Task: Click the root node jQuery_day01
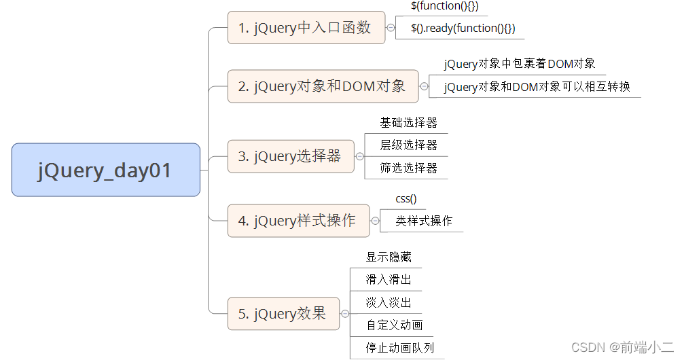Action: coord(105,170)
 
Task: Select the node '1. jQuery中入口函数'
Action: coord(306,28)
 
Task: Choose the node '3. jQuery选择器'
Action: coord(291,156)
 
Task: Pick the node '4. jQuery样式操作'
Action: coord(298,221)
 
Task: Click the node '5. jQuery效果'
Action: coord(283,314)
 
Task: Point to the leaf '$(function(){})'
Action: coord(445,6)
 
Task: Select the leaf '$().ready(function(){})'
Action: coord(463,28)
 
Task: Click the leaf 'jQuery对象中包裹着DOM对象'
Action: coord(520,64)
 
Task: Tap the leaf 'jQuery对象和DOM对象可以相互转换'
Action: coord(537,87)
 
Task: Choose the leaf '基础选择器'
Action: coord(408,123)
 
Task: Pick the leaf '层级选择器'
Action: coord(408,145)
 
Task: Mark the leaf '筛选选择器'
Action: coord(408,168)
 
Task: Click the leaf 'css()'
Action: coord(406,199)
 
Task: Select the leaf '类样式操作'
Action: coord(424,221)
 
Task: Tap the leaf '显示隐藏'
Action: coord(389,257)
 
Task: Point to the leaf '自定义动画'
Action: coord(394,325)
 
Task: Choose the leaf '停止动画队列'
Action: coord(399,348)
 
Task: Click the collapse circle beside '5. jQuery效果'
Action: coord(345,314)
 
